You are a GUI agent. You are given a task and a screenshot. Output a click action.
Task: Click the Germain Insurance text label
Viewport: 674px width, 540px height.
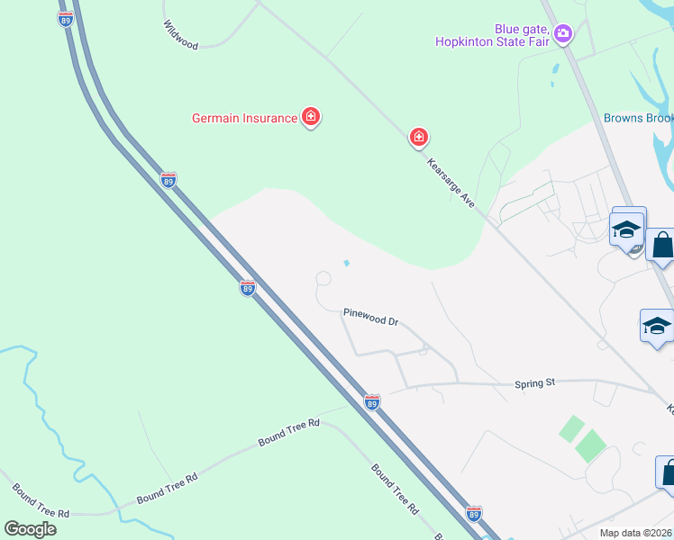pyautogui.click(x=245, y=118)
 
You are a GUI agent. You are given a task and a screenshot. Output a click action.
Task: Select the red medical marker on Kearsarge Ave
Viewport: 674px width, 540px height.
pyautogui.click(x=418, y=137)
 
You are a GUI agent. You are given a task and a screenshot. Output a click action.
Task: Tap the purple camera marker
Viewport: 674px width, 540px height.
pyautogui.click(x=563, y=34)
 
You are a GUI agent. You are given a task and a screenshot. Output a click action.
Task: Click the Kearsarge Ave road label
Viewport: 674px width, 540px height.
pyautogui.click(x=451, y=183)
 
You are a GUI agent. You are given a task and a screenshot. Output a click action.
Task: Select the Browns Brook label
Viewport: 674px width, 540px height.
pyautogui.click(x=638, y=118)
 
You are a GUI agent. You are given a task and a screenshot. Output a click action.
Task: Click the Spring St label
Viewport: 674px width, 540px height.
pyautogui.click(x=534, y=383)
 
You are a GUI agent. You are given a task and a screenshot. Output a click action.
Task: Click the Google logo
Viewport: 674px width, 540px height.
pyautogui.click(x=31, y=528)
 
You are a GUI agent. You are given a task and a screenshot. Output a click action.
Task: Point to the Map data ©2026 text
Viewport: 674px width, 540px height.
pyautogui.click(x=635, y=533)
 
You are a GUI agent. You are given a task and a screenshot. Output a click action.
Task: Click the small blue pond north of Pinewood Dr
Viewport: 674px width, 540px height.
pyautogui.click(x=347, y=264)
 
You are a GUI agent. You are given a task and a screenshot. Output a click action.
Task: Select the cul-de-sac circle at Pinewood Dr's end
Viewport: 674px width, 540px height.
pyautogui.click(x=322, y=281)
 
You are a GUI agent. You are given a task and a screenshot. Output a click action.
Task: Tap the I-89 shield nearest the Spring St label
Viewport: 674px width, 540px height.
pyautogui.click(x=372, y=400)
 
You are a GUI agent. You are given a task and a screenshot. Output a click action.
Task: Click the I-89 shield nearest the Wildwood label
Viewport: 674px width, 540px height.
pyautogui.click(x=65, y=18)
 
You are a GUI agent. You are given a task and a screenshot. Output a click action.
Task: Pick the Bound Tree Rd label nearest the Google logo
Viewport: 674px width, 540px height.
pyautogui.click(x=41, y=500)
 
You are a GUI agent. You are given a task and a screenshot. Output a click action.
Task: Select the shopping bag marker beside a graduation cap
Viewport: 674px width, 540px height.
pyautogui.click(x=662, y=245)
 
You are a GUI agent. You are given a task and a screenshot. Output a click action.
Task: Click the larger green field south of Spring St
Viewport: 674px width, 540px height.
pyautogui.click(x=590, y=445)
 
